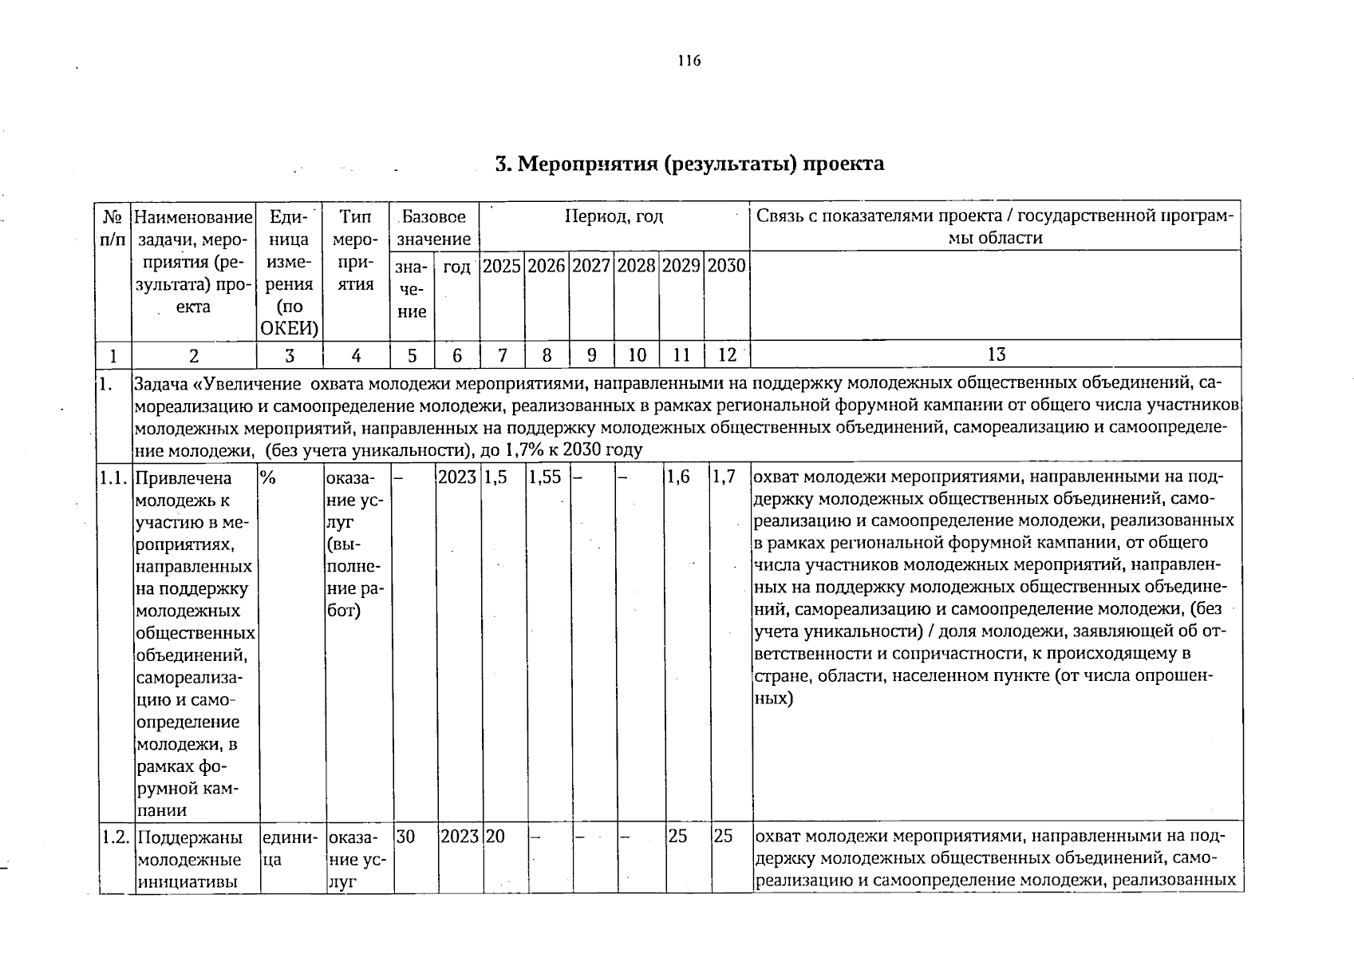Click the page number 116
click(688, 61)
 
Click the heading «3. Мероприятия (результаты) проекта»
click(689, 164)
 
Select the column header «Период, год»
click(614, 217)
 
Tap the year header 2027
click(591, 267)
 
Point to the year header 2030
click(726, 267)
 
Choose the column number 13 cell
click(996, 355)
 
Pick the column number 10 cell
click(637, 355)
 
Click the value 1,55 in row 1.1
click(544, 478)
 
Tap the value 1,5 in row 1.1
click(495, 478)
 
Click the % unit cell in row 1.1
click(266, 478)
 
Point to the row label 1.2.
click(115, 837)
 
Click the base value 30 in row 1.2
click(405, 837)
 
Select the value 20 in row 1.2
click(495, 837)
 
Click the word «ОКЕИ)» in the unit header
click(289, 328)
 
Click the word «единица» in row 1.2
click(289, 849)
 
